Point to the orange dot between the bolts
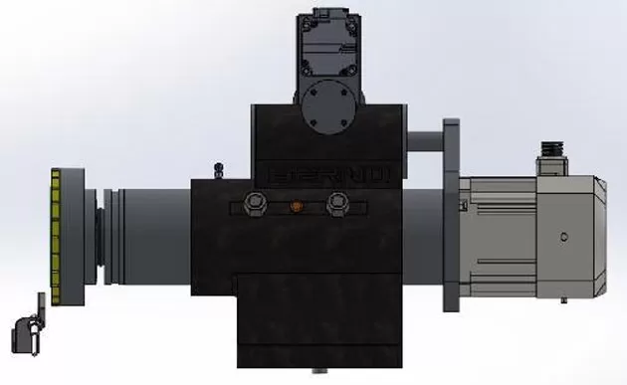(294, 207)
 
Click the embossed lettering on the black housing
(328, 173)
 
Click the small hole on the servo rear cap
(563, 237)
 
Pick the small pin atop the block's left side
(221, 168)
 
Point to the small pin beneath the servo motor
(563, 300)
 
